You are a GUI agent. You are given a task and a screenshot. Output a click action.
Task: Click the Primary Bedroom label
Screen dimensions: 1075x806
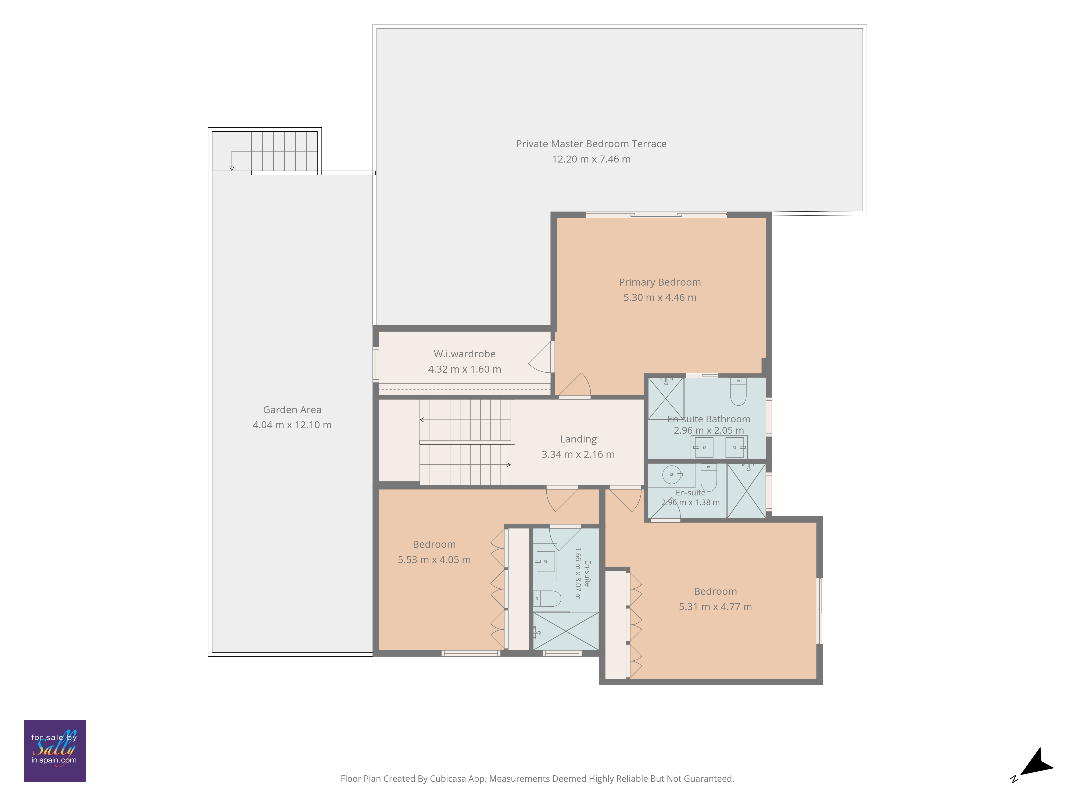pos(660,282)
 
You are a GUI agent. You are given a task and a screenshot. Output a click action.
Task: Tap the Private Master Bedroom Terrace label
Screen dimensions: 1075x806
pos(591,144)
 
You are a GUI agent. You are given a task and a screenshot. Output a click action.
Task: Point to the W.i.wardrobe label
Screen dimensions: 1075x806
pos(465,354)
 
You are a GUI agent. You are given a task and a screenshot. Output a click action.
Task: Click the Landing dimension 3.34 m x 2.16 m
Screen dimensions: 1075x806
pos(578,454)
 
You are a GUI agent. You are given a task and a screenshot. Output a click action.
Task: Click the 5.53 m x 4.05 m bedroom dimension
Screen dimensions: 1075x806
pos(434,560)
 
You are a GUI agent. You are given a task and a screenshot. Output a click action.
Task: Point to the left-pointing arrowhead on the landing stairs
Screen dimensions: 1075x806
pos(422,419)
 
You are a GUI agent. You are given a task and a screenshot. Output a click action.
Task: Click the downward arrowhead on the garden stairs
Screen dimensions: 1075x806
pos(232,168)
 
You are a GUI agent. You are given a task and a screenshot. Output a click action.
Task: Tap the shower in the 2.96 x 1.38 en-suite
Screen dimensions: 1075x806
pos(746,491)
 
